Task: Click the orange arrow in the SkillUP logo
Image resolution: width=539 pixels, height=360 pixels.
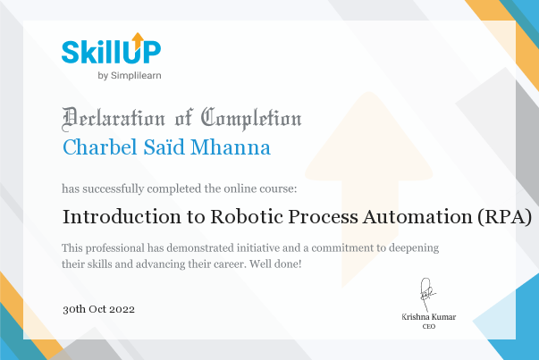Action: point(138,40)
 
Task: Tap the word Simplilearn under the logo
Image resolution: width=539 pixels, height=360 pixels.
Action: point(136,76)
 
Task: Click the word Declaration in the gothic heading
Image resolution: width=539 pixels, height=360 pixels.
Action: point(114,119)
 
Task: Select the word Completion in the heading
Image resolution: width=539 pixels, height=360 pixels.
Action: point(251,119)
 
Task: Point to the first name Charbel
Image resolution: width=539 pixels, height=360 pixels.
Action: point(100,147)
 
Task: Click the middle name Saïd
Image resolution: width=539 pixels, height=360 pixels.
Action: point(164,147)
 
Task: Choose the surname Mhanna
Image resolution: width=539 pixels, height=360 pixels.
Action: point(231,147)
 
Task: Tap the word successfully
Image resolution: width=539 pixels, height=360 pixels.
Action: point(114,188)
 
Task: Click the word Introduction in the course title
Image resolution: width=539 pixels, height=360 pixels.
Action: point(122,217)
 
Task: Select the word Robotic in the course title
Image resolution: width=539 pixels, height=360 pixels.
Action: point(247,217)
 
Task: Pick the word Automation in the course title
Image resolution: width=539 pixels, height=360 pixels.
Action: point(417,217)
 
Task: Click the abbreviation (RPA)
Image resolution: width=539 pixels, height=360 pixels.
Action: point(505,217)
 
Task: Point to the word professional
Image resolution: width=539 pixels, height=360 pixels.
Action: point(115,248)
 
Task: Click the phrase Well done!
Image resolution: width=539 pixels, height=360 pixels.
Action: point(275,264)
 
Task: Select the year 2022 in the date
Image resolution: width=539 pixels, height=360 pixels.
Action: point(122,309)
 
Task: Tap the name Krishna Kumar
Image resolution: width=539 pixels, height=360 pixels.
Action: point(429,317)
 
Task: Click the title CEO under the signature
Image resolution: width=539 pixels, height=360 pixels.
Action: point(429,326)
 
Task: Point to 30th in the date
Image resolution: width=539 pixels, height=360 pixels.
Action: point(74,309)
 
